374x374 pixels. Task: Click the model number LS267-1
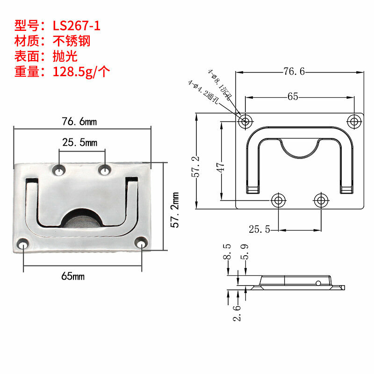coord(76,26)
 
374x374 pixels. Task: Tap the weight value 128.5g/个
coord(81,72)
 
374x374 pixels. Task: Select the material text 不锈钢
coord(72,41)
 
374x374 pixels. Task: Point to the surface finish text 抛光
coord(65,56)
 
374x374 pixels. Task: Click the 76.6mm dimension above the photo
coord(79,122)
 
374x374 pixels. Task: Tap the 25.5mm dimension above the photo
coord(79,143)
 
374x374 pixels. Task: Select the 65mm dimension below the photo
coord(73,276)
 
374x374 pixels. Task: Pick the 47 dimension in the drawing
coord(220,167)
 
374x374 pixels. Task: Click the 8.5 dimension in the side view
coord(227,252)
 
